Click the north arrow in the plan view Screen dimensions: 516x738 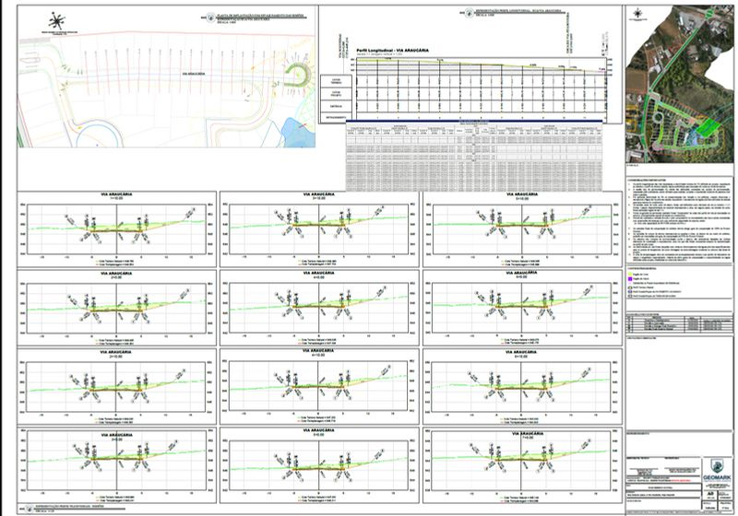pos(57,19)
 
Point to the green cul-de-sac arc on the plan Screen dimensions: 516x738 pos(300,78)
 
